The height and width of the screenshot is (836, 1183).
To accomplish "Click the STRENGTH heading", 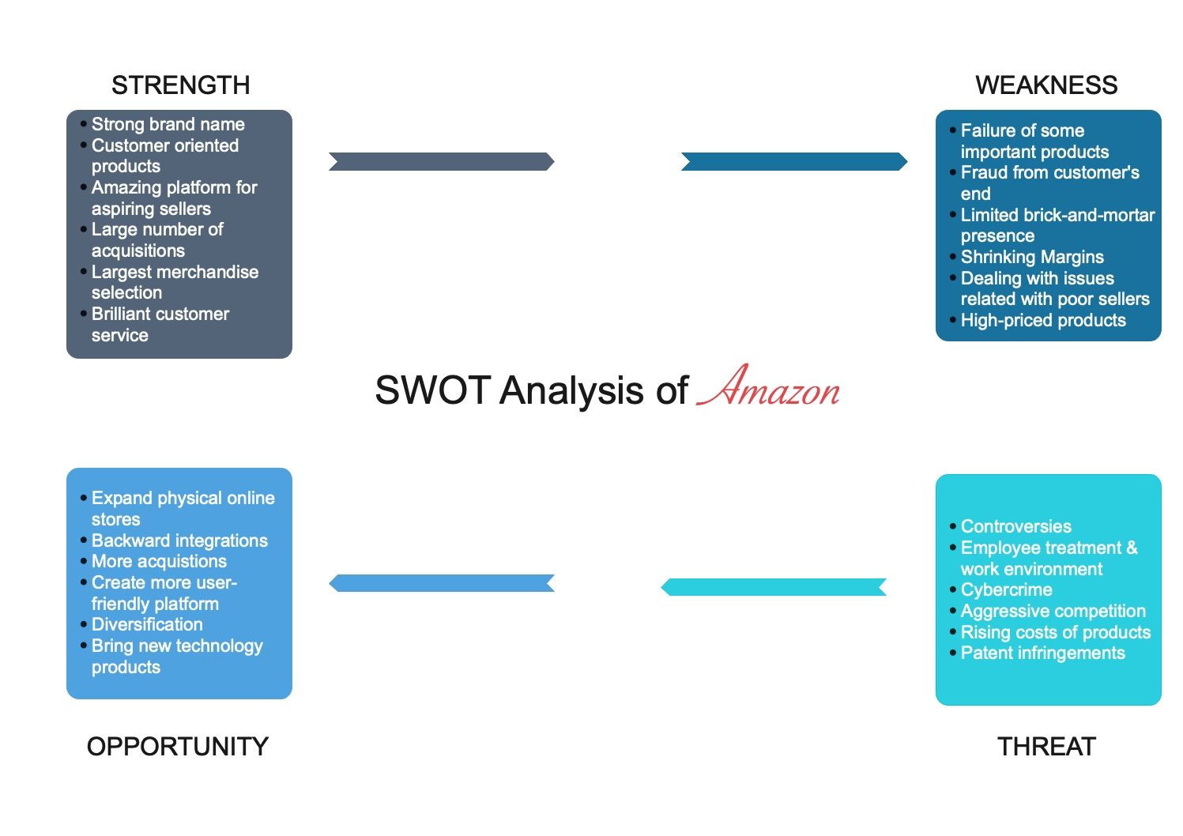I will point(180,85).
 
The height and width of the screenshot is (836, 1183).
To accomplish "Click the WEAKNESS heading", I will point(1045,85).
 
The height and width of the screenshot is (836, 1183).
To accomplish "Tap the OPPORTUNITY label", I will point(177,746).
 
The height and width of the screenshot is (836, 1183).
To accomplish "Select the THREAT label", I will point(1045,746).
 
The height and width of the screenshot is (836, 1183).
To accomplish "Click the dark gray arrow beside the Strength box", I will point(441,162).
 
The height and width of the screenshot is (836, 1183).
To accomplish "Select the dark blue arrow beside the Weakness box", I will point(793,162).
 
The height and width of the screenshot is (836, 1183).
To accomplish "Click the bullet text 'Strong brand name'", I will point(168,124).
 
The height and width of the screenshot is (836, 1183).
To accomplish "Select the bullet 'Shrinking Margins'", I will point(1031,257).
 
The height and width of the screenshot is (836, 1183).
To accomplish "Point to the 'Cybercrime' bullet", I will point(1006,589).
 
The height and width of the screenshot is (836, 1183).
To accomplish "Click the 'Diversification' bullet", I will point(147,624).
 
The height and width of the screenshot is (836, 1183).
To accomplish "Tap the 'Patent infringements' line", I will point(1042,653).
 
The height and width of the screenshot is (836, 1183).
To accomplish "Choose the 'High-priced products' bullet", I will point(1042,320).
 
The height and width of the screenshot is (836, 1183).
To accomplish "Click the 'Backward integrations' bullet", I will point(179,540).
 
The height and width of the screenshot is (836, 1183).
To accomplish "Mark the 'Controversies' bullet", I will point(1015,526).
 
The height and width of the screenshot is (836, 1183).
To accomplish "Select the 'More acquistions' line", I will point(159,561).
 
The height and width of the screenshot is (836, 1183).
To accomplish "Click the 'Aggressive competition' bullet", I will point(1053,611).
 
